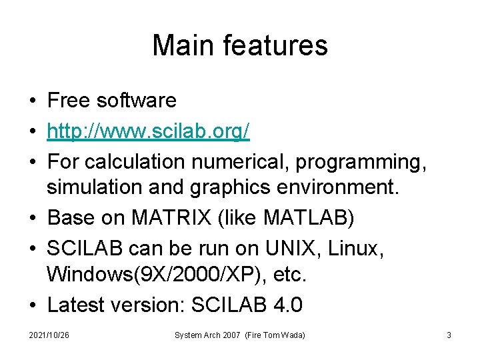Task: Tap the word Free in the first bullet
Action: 69,100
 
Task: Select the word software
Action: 137,100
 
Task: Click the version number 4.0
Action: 288,305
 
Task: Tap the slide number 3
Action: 449,335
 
